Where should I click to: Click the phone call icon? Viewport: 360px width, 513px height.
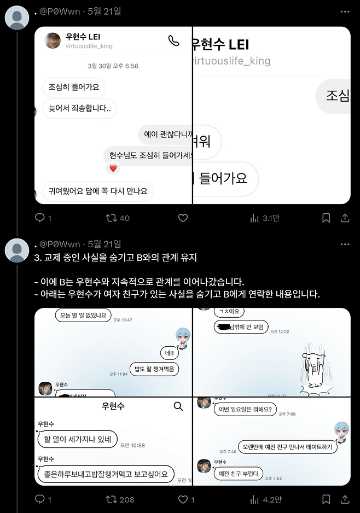[173, 41]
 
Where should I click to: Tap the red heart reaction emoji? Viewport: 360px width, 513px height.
[113, 168]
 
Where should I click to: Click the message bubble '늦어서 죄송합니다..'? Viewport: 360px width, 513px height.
[80, 108]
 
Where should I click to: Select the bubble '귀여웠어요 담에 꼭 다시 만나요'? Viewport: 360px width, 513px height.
[98, 191]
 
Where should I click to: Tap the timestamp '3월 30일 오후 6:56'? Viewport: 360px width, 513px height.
[113, 66]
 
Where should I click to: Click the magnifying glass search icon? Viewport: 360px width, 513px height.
[178, 406]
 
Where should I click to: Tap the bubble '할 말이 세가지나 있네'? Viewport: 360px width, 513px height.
[77, 439]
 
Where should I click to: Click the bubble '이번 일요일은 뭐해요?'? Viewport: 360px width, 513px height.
[245, 409]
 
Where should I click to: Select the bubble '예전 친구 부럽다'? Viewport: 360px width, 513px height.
[237, 473]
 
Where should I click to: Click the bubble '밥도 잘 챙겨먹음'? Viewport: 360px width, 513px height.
[154, 370]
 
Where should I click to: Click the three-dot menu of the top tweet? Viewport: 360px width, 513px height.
[345, 11]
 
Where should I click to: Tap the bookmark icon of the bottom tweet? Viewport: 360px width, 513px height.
[326, 499]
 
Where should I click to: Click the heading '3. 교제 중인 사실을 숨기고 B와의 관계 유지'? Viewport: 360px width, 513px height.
[115, 257]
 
